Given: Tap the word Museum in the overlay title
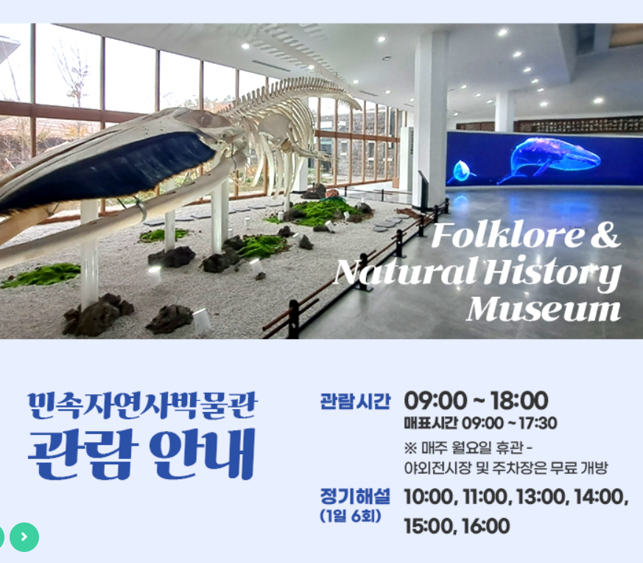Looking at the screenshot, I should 544,309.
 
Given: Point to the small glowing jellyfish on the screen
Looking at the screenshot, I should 461,171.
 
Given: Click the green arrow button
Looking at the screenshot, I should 24,537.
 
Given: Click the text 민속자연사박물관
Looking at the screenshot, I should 142,405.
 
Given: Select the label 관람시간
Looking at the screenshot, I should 355,402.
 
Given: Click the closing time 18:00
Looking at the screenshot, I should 519,401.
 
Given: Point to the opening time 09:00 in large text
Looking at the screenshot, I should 435,401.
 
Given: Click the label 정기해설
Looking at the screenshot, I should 355,496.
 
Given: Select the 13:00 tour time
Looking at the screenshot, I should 542,497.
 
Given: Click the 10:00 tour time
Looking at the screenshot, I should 430,497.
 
